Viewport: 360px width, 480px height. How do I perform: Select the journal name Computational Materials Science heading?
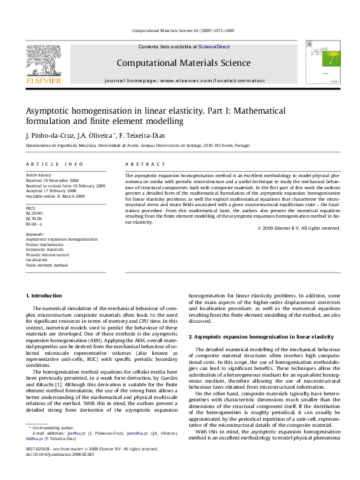pyautogui.click(x=183, y=63)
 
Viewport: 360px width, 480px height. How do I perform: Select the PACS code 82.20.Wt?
pyautogui.click(x=34, y=213)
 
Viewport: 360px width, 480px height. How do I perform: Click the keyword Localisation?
pyautogui.click(x=38, y=259)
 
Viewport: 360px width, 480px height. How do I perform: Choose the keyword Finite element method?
pyautogui.click(x=47, y=265)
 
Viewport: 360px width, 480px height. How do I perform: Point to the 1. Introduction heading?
pyautogui.click(x=46, y=296)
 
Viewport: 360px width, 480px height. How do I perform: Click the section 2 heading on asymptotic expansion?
pyautogui.click(x=261, y=336)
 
